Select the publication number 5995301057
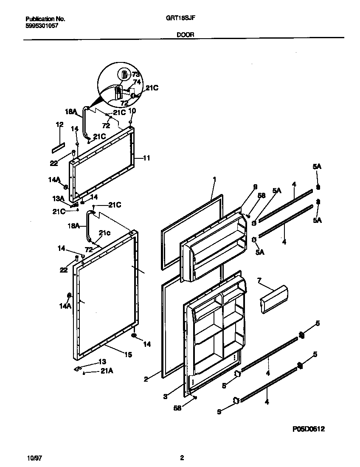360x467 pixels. coord(42,25)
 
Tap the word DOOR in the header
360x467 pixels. coord(185,35)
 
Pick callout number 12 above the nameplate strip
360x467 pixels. coord(59,124)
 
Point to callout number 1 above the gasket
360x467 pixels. coord(214,180)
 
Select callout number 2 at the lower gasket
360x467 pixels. coord(146,379)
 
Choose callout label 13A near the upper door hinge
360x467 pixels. coord(58,198)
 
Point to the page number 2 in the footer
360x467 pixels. coord(182,458)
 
